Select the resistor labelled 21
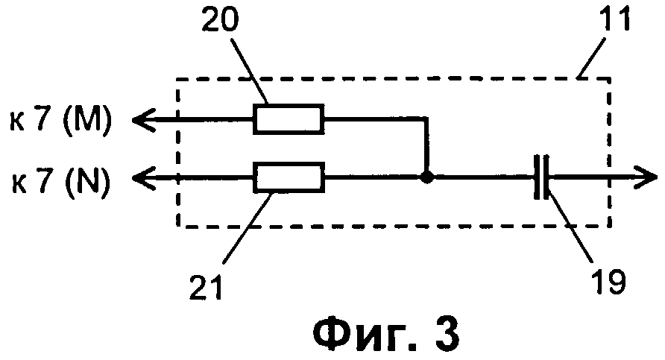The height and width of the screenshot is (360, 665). coord(289,179)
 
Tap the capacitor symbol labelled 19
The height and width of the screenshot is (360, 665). coord(542,179)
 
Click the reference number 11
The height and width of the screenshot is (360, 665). coord(615,19)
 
